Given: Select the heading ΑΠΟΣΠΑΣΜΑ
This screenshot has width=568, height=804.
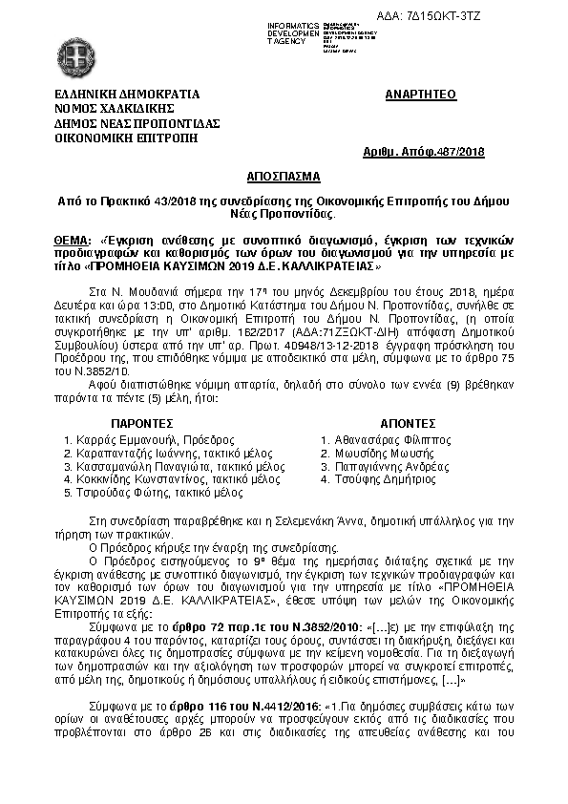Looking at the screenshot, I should (x=284, y=178).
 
